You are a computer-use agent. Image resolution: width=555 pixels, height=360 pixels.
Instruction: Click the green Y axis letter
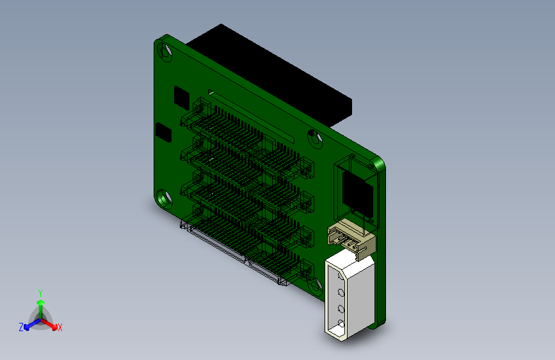coord(40,292)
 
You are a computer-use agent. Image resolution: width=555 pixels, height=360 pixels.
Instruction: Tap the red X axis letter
coord(60,328)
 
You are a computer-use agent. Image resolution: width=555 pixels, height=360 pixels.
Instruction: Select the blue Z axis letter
coord(21,327)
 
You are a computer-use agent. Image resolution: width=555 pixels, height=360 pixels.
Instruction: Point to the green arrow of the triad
coord(40,304)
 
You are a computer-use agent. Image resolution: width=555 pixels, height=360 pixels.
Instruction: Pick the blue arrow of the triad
coord(29,324)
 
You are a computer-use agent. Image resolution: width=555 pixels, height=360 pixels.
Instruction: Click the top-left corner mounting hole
coord(168,51)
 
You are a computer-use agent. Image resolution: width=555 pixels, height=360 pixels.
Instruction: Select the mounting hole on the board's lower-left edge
coord(165,198)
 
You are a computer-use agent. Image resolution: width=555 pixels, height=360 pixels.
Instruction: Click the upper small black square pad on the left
coord(181,97)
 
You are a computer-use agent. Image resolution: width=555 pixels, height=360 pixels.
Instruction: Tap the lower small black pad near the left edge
coord(165,133)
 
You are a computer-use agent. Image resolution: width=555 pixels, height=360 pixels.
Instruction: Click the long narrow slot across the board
coord(250,115)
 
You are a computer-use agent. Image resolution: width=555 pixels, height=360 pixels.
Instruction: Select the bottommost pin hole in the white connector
coord(341,323)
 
